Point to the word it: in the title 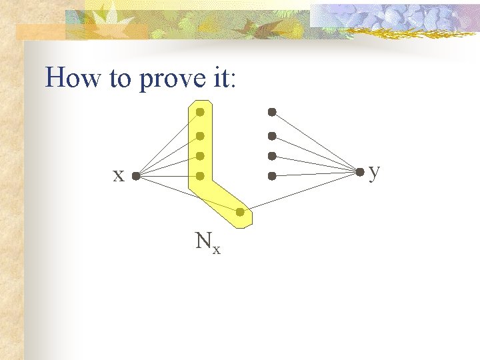221,79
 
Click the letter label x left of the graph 118,176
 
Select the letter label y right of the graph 375,172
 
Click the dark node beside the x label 135,177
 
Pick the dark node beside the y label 360,172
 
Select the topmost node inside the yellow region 200,112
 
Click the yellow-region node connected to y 239,212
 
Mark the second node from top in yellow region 200,136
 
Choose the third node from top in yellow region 200,156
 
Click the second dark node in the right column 272,136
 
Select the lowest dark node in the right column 272,177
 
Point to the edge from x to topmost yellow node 167,145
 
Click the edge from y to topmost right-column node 315,141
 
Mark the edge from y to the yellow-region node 300,192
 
